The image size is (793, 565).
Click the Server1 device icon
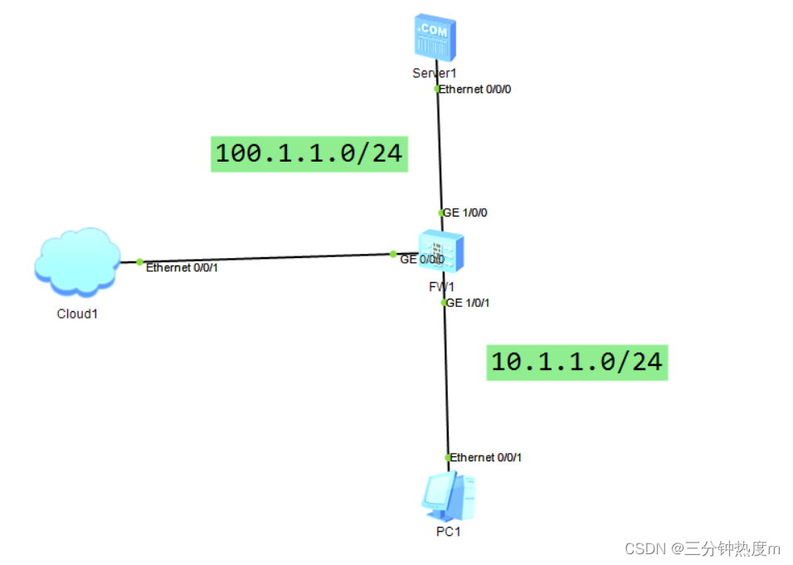(435, 37)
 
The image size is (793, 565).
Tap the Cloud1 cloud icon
(77, 261)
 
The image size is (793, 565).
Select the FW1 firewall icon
(440, 251)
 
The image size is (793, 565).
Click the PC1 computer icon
(446, 495)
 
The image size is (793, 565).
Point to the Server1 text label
(435, 73)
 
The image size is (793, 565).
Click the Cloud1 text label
(77, 314)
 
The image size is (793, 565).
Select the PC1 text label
(448, 531)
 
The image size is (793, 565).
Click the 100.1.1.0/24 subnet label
(309, 154)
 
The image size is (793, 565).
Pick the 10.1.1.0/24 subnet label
(577, 363)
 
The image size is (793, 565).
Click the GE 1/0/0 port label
(465, 212)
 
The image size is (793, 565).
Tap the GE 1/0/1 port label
(468, 303)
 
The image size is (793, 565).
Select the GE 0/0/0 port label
(421, 260)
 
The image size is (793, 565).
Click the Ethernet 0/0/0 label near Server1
(474, 89)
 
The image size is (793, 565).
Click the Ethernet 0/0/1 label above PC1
(486, 457)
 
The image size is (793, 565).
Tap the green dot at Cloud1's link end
(139, 261)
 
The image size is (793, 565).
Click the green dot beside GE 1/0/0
(441, 212)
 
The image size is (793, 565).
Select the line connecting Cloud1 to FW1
(265, 257)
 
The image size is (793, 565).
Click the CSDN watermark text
(702, 548)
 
